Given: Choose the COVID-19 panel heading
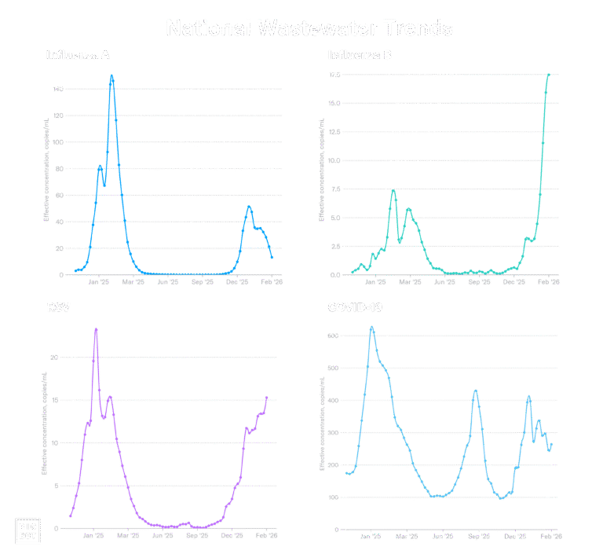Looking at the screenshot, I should [355, 306].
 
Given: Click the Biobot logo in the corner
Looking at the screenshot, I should [28, 530].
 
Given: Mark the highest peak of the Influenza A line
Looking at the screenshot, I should [112, 76].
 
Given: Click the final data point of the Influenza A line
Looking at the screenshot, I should [272, 258].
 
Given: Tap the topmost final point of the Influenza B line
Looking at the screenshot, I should [548, 75].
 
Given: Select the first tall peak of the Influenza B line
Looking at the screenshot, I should [393, 191].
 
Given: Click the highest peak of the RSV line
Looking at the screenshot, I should [96, 329].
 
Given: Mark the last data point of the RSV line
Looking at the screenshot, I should [267, 397].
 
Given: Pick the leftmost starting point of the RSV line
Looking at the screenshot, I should [70, 516].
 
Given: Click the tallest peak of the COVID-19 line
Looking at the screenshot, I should [372, 328].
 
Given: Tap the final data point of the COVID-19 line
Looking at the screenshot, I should [551, 446].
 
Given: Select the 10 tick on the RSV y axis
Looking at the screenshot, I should [55, 443].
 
